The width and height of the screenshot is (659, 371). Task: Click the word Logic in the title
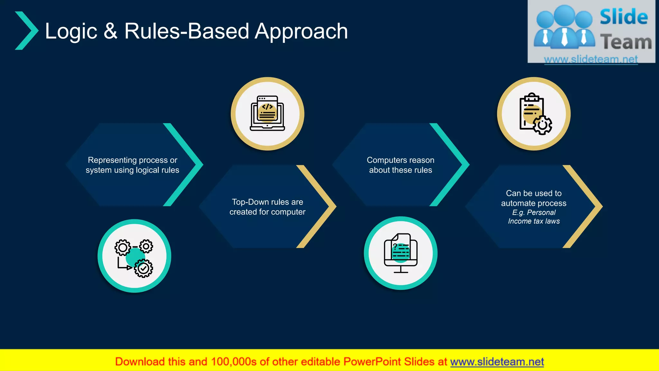[71, 31]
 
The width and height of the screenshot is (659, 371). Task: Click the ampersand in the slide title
[110, 31]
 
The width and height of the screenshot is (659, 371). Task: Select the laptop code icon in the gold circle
[267, 113]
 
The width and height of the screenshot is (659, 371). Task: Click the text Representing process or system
[132, 165]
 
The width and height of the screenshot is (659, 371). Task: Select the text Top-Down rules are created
[267, 207]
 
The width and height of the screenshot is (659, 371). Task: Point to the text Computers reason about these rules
[400, 165]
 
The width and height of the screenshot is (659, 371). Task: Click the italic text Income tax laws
[534, 221]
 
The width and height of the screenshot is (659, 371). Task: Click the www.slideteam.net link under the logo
[591, 59]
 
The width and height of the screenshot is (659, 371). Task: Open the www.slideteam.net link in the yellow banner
[497, 362]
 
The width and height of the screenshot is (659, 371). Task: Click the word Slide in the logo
[624, 17]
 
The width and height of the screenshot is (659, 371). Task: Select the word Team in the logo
[626, 42]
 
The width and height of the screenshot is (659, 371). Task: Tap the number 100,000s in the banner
[234, 362]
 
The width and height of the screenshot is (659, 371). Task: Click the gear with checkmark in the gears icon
[144, 268]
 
